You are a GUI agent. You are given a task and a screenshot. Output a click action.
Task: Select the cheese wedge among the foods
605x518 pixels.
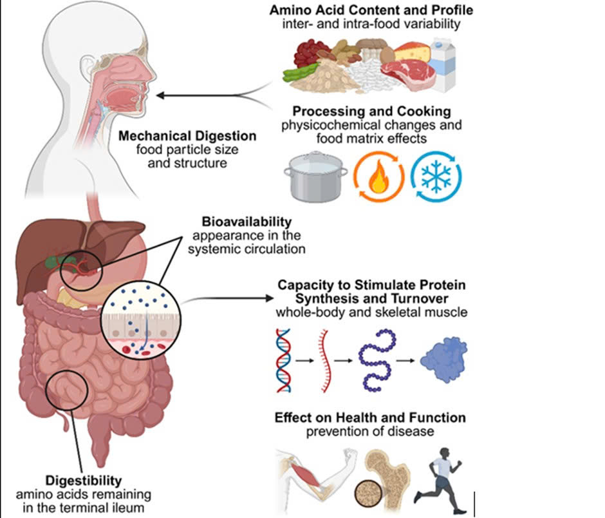(411, 52)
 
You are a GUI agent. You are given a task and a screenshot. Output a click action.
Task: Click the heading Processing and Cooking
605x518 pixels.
(370, 110)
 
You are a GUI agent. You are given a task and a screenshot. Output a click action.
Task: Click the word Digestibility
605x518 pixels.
(84, 481)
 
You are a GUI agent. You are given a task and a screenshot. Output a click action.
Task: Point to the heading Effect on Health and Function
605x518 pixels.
(370, 417)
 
